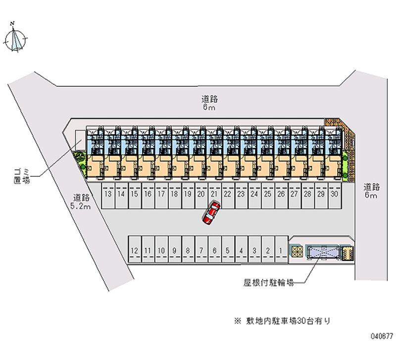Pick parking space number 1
pos(281,251)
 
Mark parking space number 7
pos(201,251)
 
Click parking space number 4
pos(241,251)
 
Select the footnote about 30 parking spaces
pos(282,321)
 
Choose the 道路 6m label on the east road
pos(371,191)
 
